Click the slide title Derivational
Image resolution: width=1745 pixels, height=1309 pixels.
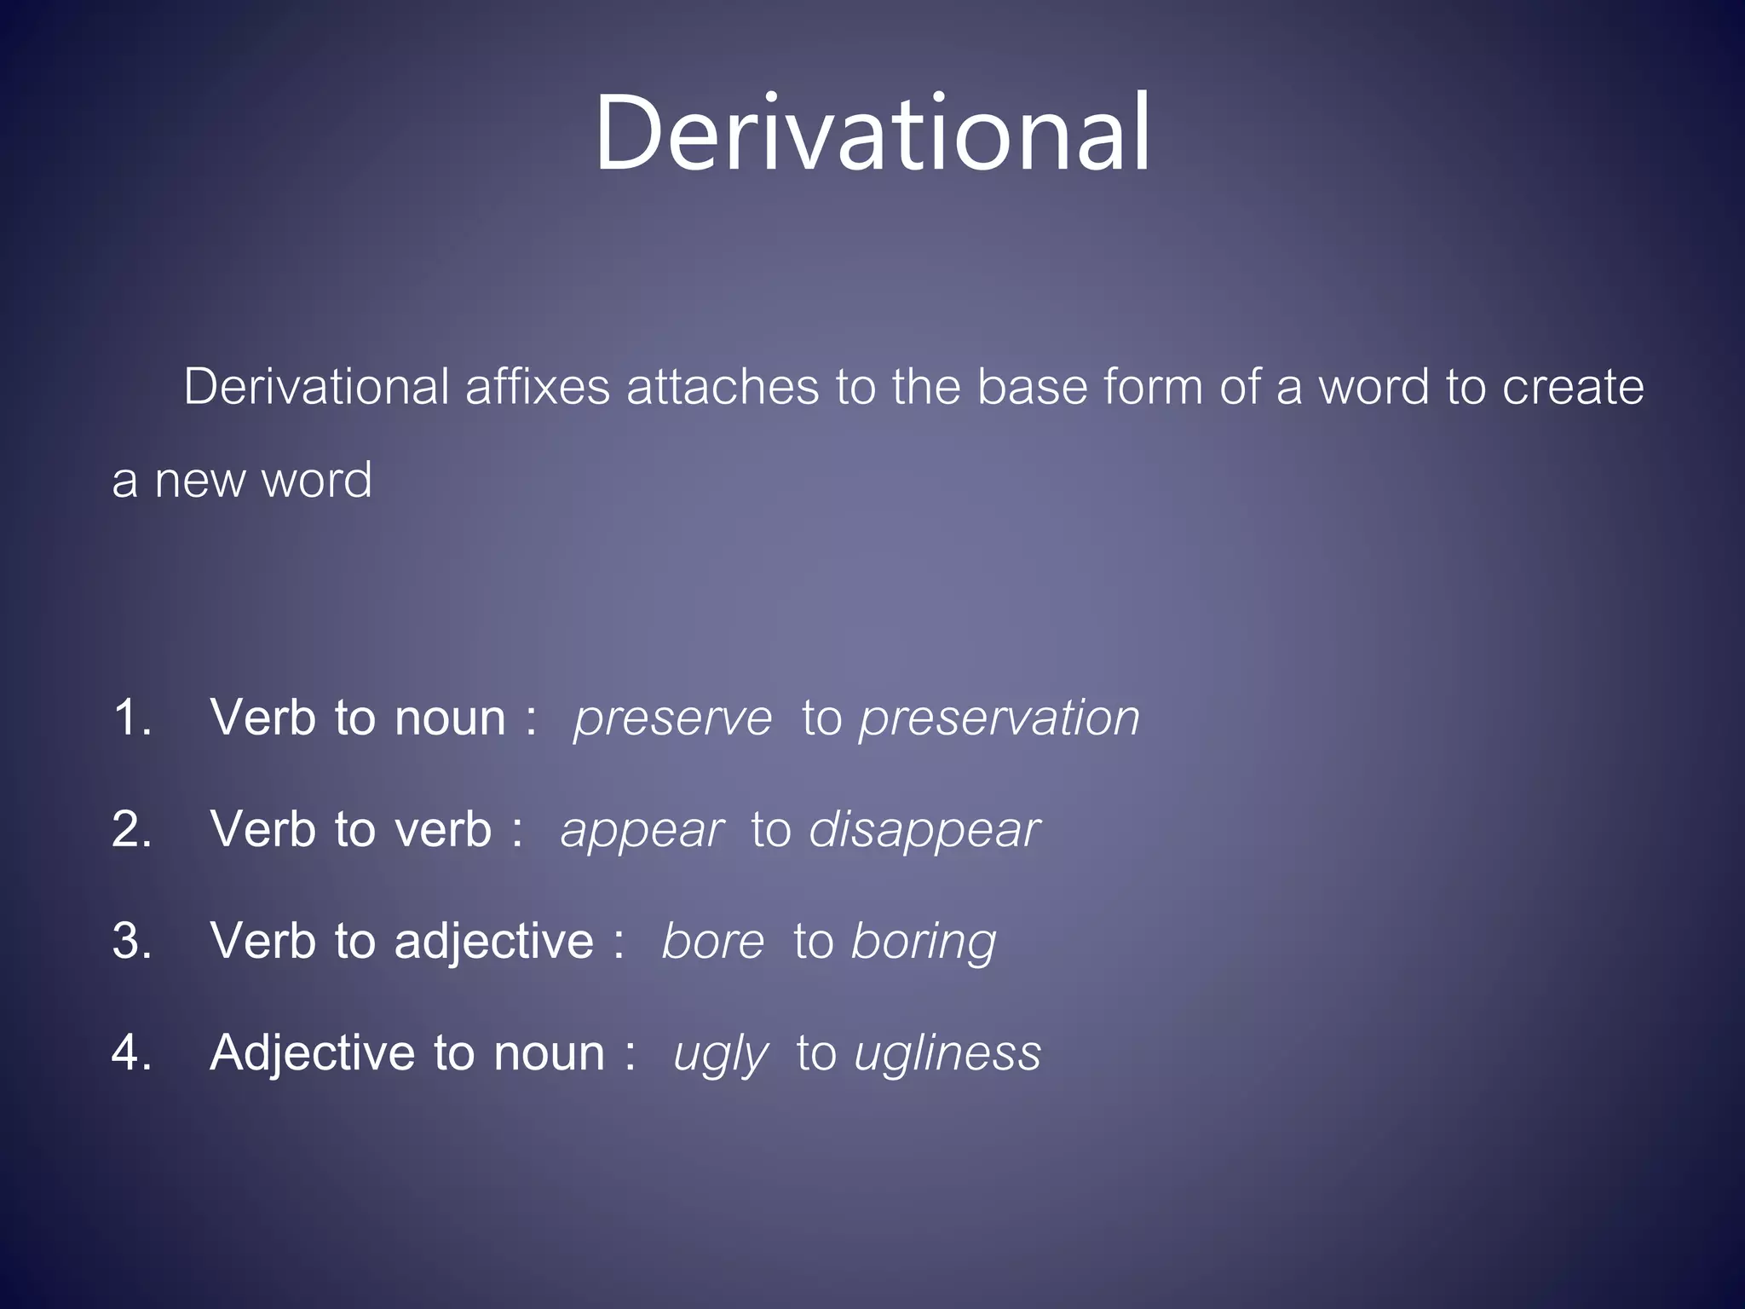tap(872, 135)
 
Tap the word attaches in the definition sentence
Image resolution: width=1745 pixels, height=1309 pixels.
tap(723, 387)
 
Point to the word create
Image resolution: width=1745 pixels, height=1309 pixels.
tap(1572, 387)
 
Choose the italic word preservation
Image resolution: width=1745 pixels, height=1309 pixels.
tap(999, 718)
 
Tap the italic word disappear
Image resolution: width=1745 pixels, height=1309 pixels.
tap(924, 830)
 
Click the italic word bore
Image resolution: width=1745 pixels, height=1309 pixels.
tap(713, 942)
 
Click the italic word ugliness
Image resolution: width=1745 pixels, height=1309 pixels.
tap(947, 1054)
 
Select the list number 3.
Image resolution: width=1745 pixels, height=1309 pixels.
tap(131, 942)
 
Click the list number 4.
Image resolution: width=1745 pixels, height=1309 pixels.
tap(131, 1053)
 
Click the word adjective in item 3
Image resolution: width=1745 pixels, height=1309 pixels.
tap(493, 942)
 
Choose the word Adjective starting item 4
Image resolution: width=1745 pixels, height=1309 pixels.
tap(312, 1053)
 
